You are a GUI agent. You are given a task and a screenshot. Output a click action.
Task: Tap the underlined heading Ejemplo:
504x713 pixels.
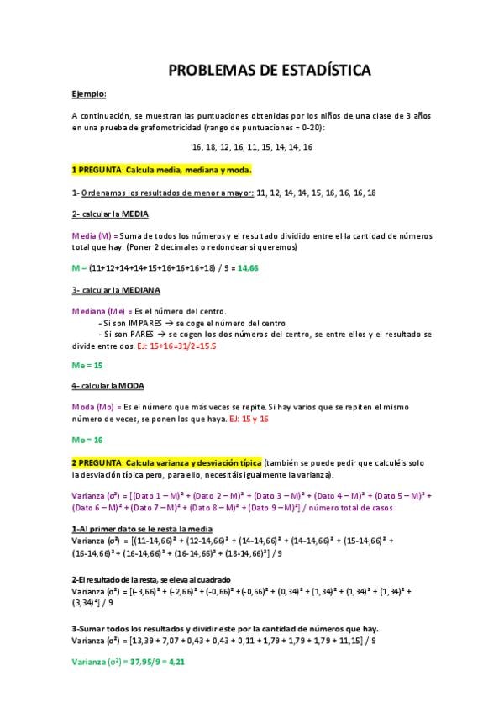pos(89,94)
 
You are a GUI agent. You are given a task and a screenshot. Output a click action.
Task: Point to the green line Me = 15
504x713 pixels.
pos(87,365)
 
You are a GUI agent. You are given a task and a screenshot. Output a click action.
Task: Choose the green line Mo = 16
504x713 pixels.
pos(87,440)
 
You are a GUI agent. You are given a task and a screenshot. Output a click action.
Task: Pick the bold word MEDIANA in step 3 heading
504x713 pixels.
pos(140,289)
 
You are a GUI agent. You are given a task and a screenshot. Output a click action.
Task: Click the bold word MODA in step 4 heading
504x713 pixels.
pos(130,386)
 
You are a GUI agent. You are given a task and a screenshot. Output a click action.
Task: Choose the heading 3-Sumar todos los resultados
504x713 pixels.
pos(225,628)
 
